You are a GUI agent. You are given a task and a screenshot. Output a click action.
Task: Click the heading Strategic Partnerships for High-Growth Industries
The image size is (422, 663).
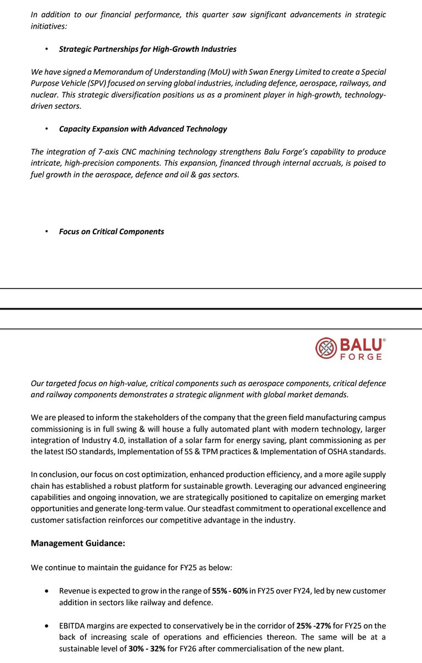tap(147, 49)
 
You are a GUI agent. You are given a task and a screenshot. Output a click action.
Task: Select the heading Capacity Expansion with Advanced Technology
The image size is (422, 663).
tap(143, 129)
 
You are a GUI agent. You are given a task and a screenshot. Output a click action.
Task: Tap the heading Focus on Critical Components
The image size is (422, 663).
tap(111, 231)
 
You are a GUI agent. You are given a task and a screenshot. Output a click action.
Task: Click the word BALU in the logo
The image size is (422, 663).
tap(361, 345)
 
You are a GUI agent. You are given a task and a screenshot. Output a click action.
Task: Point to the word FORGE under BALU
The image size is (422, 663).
tap(361, 357)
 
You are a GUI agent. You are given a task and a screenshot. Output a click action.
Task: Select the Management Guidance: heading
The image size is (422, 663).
tap(78, 543)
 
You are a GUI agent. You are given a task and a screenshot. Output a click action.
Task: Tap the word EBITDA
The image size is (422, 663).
tap(73, 625)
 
